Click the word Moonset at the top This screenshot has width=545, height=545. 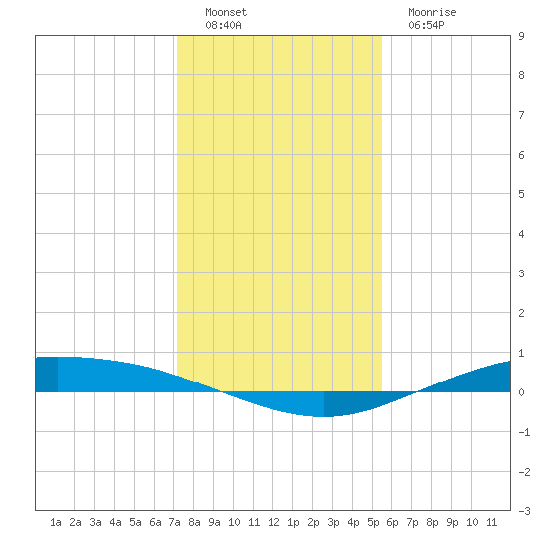click(226, 12)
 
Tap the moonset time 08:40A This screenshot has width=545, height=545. click(223, 25)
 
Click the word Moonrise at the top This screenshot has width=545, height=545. click(432, 12)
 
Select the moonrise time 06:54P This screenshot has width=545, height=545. click(426, 25)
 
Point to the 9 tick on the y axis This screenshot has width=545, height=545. click(521, 36)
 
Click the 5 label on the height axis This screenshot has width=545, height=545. click(521, 194)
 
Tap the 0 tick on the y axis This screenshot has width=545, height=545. click(521, 392)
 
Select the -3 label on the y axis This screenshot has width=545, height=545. click(524, 511)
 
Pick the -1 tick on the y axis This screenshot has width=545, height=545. click(524, 432)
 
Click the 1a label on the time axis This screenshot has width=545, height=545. click(55, 522)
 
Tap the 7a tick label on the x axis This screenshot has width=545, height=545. click(174, 522)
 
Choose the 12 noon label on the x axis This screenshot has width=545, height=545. click(273, 522)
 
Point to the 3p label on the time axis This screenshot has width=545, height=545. click(333, 522)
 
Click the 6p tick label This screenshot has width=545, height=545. click(392, 522)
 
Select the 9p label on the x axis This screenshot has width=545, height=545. click(452, 522)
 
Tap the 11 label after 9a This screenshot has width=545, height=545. click(254, 522)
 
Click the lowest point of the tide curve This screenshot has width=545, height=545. click(324, 416)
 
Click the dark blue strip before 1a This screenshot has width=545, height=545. click(47, 375)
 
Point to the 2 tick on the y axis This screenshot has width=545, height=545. click(521, 313)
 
